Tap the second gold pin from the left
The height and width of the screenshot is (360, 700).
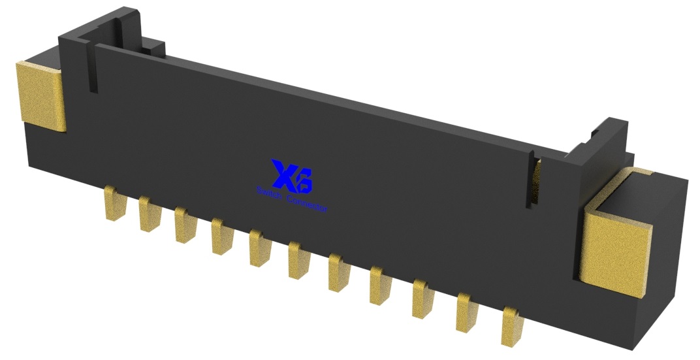click(x=150, y=214)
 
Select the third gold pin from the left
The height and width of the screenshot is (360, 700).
click(x=185, y=225)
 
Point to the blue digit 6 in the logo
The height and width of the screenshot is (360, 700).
click(x=303, y=182)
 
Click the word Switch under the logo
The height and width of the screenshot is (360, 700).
click(x=268, y=193)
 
